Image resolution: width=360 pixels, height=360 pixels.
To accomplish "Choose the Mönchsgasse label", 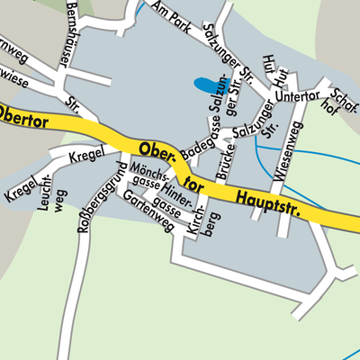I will click(x=148, y=181).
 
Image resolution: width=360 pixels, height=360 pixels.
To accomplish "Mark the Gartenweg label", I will click(x=148, y=211).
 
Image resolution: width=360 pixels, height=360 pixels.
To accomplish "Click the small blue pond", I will click(x=206, y=85).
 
